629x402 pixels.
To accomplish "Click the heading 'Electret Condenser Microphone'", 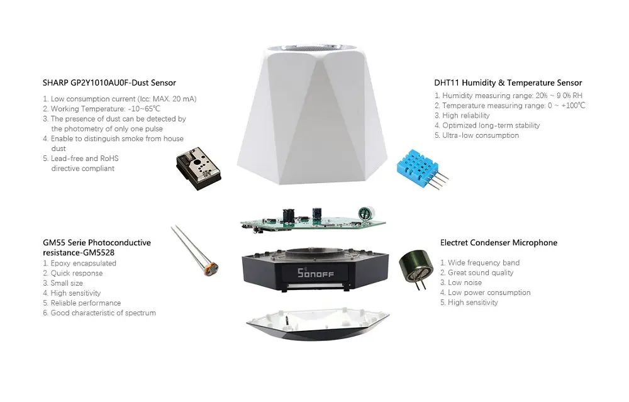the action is click(x=499, y=243).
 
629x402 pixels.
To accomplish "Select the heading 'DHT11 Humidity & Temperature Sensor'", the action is click(x=508, y=82).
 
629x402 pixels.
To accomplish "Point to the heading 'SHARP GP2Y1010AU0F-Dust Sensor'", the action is click(x=109, y=82).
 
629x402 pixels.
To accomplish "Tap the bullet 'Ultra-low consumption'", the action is click(x=481, y=135).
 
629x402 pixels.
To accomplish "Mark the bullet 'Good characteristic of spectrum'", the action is click(x=103, y=313).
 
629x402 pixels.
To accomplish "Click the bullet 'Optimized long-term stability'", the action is click(x=491, y=125).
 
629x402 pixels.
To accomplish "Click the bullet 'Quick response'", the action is click(x=76, y=273).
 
